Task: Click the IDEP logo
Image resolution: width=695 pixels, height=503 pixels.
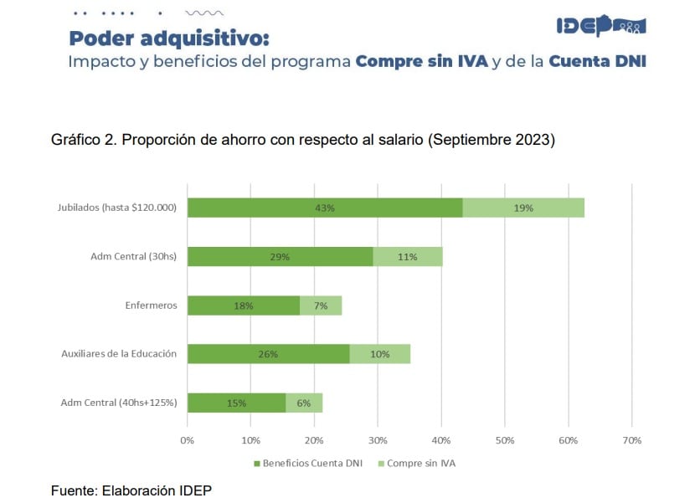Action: click(x=600, y=26)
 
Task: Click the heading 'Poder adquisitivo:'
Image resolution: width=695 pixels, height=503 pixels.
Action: click(x=169, y=38)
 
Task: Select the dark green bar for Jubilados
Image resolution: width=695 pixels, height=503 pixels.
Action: click(x=325, y=208)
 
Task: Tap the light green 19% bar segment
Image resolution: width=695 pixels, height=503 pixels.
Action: click(x=523, y=208)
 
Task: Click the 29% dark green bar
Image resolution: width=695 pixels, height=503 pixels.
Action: click(x=280, y=257)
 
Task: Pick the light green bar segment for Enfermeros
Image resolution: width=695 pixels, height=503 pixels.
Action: click(x=321, y=305)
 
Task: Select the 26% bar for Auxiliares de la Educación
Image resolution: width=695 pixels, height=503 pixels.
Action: click(x=268, y=354)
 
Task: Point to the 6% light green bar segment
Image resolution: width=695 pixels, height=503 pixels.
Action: click(x=304, y=403)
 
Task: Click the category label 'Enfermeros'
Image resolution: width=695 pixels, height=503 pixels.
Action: click(x=151, y=305)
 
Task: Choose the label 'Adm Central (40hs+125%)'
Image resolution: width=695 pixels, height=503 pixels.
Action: click(x=119, y=403)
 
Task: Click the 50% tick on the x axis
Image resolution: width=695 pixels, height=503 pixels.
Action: click(x=504, y=440)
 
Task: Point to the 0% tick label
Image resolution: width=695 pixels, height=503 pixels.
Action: click(x=188, y=440)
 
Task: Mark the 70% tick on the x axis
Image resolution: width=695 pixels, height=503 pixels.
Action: click(x=631, y=440)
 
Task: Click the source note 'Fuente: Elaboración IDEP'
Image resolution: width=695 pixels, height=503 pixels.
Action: click(x=131, y=490)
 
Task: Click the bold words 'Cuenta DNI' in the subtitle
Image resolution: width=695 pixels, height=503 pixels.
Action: click(x=597, y=63)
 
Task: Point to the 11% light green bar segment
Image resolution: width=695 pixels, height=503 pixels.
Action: click(x=408, y=257)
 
